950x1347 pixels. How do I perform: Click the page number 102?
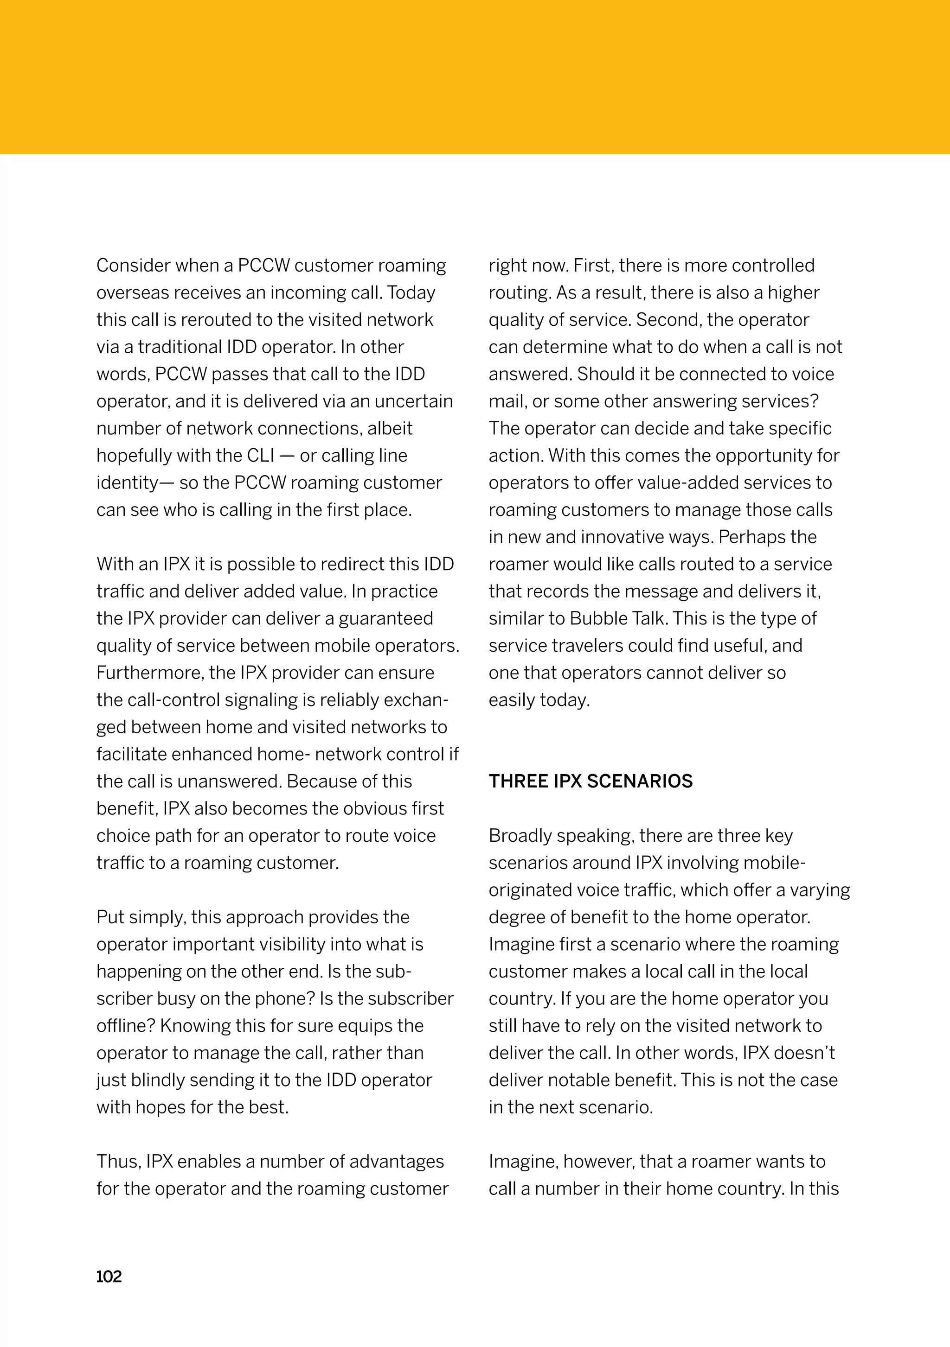coord(109,1276)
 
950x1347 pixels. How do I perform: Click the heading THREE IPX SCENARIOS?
coord(590,781)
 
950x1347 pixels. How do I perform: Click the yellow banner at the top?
coord(475,76)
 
